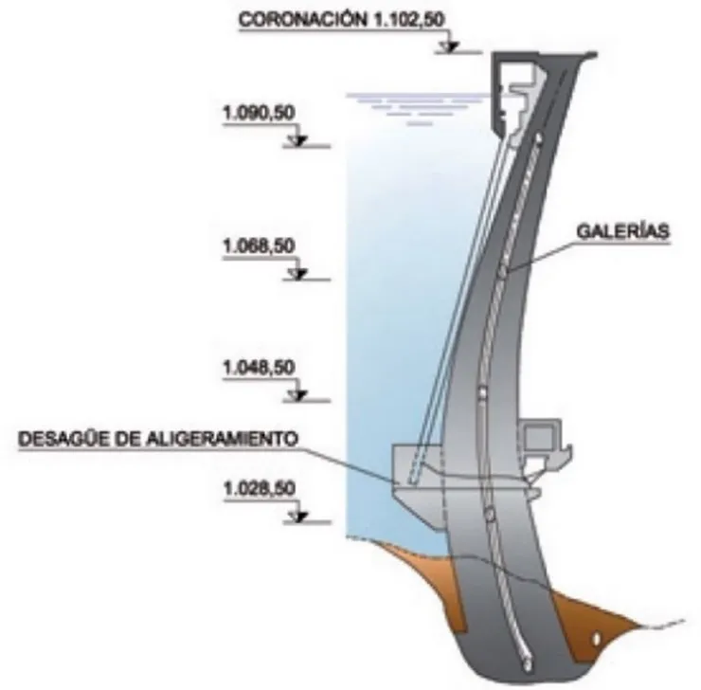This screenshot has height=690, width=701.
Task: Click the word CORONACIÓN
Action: tap(301, 20)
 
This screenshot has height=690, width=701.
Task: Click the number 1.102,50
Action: tap(406, 20)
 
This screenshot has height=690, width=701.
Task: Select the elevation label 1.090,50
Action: tap(260, 113)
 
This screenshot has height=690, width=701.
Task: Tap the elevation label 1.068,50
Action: tap(260, 245)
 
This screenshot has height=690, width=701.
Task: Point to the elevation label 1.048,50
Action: tap(260, 368)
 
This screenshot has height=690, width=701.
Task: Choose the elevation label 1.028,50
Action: tap(260, 488)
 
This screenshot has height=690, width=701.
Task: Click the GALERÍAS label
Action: tap(623, 231)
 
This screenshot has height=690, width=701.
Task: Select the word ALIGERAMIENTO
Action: tap(223, 439)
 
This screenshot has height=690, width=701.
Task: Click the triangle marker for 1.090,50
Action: tap(297, 140)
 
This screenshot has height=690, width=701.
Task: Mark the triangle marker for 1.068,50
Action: tap(297, 274)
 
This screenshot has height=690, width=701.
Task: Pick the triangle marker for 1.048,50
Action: tap(297, 395)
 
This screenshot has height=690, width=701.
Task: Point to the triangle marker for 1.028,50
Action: tap(297, 516)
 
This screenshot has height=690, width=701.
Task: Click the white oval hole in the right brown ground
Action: tap(596, 640)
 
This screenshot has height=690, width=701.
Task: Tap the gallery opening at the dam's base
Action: tap(528, 665)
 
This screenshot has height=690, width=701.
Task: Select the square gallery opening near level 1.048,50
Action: tap(482, 393)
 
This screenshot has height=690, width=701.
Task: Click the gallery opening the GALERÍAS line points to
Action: tap(503, 271)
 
